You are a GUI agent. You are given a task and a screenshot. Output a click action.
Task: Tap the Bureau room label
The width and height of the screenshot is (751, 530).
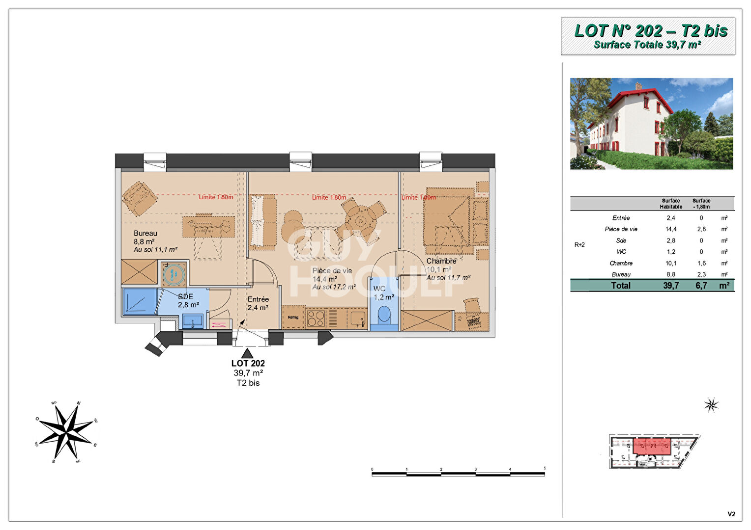pos(145,234)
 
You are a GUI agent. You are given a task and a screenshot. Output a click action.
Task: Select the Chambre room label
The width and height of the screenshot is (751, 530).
pos(441,261)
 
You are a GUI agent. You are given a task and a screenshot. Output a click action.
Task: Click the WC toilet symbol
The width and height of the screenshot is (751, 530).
pos(384,315)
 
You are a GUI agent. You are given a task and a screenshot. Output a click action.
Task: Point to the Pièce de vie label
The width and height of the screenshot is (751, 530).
pos(332,270)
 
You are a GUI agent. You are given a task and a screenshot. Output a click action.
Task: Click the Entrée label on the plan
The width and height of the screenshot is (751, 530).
pos(258,299)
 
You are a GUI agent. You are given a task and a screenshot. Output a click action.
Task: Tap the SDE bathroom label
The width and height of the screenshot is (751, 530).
pos(185,296)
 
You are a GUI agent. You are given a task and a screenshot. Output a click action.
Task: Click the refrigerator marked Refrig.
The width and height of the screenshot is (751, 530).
pos(293,318)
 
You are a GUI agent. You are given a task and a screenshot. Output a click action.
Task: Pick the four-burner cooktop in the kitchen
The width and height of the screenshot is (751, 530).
pos(316,318)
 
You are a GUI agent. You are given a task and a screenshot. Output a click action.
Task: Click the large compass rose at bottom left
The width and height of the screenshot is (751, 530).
pos(66,432)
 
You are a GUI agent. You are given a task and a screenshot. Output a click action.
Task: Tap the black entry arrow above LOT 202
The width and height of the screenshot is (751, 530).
pos(248,352)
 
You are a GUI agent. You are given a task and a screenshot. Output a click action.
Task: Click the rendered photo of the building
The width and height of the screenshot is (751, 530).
pos(651,124)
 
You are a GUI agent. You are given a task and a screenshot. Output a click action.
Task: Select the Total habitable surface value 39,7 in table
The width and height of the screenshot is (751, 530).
pos(670,286)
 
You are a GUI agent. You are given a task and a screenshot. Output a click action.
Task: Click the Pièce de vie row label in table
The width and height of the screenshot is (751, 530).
pos(621,229)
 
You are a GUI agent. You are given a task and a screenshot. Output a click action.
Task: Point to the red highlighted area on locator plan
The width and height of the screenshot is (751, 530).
pos(652,447)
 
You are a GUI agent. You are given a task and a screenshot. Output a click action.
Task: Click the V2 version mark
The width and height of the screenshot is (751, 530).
pos(731,514)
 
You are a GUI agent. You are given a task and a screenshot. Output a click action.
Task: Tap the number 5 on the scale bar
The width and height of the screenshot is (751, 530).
pos(545,469)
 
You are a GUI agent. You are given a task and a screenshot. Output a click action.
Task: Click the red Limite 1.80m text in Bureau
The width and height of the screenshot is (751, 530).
pos(216,197)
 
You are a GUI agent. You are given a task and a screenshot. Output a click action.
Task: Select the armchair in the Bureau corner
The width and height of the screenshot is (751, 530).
pos(139,198)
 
